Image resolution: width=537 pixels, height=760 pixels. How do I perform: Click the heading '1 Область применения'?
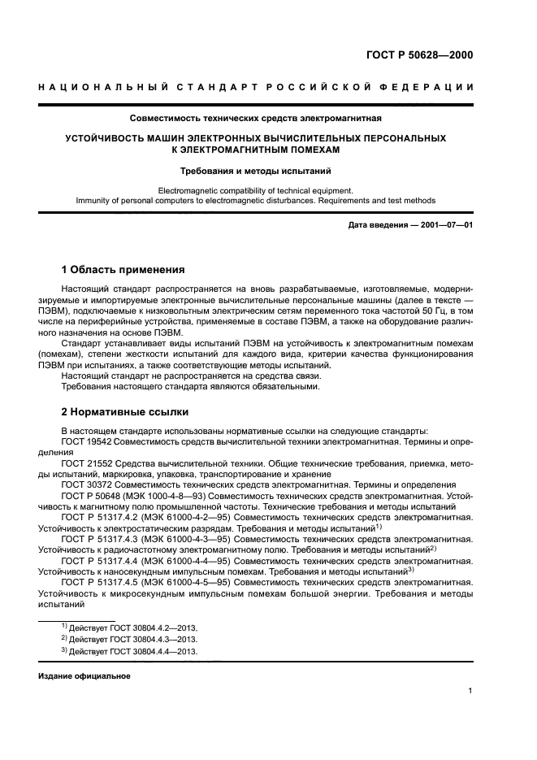coord(123,269)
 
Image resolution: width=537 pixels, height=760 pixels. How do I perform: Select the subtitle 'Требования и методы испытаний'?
coord(255,171)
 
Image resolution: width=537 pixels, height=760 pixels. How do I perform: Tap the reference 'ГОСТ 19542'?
coord(85,441)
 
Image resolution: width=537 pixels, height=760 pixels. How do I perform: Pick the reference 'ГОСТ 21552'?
coord(85,463)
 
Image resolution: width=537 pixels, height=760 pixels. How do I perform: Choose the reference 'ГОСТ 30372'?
coord(85,484)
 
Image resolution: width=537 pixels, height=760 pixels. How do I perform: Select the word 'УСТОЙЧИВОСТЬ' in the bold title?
coord(106,139)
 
